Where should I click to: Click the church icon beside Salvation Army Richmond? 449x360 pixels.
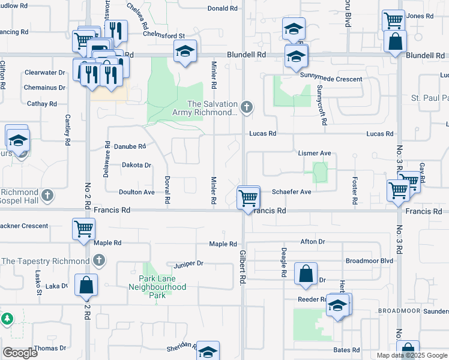(246, 108)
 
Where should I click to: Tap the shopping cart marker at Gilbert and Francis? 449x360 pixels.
(248, 197)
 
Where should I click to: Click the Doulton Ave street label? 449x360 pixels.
(136, 192)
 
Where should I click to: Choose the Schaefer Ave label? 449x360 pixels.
(291, 192)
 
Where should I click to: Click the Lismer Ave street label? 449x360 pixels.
(315, 154)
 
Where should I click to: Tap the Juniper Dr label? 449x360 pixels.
(188, 263)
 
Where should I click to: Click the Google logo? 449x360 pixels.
(20, 353)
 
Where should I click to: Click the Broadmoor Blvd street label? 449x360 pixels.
(369, 261)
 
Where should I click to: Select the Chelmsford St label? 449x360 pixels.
(163, 35)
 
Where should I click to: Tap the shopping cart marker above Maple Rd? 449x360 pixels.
(83, 229)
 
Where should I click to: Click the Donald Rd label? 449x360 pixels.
(222, 8)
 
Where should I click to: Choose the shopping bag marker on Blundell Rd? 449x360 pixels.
(396, 42)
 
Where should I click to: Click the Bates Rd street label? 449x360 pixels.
(346, 350)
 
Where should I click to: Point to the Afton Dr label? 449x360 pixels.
(312, 242)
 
